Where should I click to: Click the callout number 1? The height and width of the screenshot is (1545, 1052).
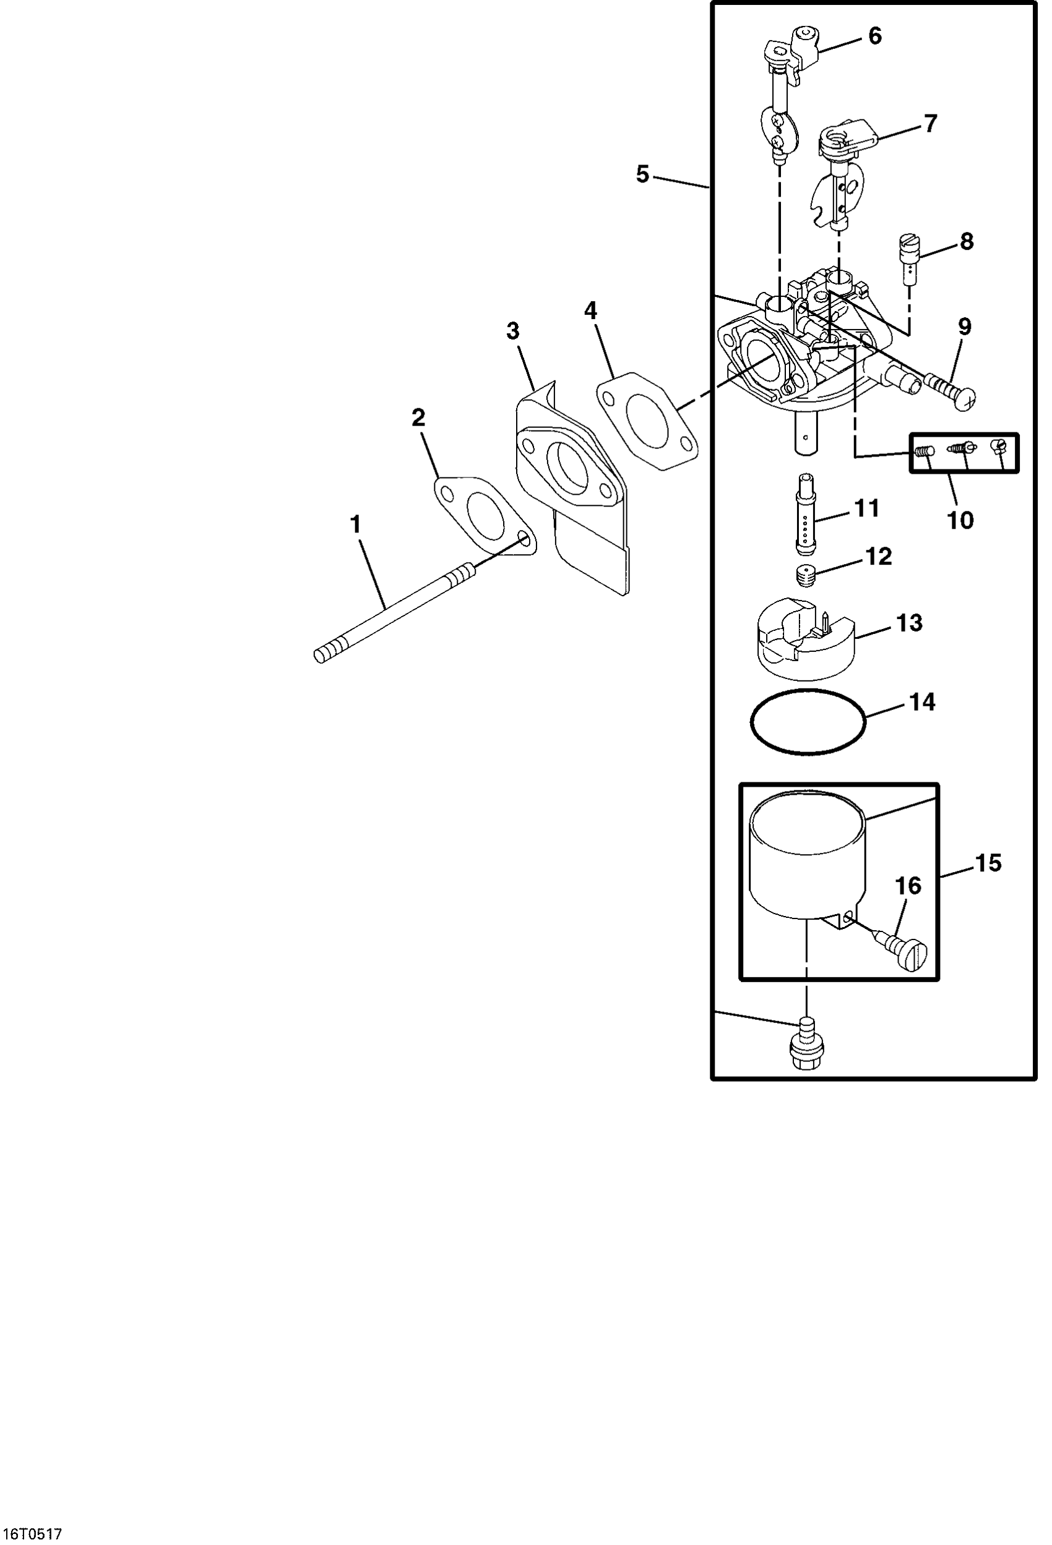[356, 524]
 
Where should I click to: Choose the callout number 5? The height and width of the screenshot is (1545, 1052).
[642, 175]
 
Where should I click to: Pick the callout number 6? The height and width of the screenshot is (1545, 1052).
[875, 36]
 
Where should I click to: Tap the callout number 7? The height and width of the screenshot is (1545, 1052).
[930, 124]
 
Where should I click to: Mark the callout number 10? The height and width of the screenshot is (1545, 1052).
[960, 521]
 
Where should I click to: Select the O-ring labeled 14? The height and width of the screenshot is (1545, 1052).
[808, 721]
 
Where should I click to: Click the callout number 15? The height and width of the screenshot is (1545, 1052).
[988, 863]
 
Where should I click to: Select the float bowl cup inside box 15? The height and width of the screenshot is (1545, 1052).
[806, 858]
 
